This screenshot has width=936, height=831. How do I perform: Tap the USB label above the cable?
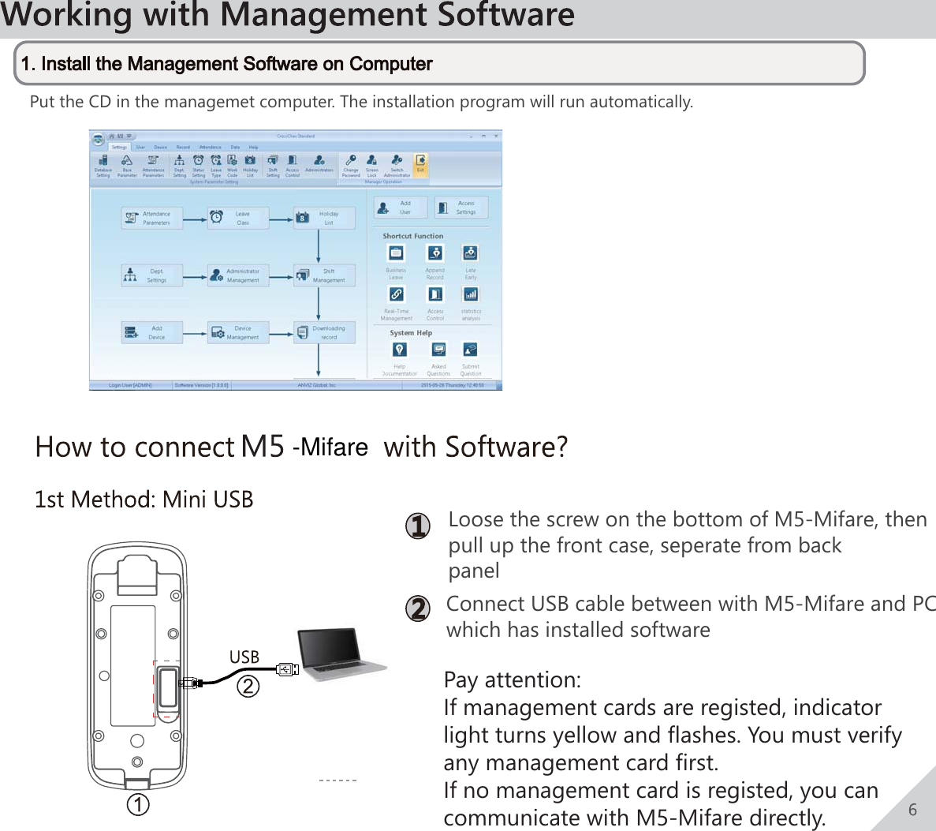click(x=244, y=657)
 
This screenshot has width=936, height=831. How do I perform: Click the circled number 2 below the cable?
click(x=248, y=686)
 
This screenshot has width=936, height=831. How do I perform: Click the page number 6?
click(x=912, y=810)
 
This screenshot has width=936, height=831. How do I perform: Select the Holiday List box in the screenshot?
click(x=324, y=218)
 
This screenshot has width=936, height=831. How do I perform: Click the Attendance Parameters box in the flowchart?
click(x=151, y=218)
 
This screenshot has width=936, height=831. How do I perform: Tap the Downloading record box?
click(x=324, y=332)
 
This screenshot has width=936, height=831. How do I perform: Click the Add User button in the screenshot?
click(x=400, y=208)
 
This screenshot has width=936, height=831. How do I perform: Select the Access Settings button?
click(x=461, y=208)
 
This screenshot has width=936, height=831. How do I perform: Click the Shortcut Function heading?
click(x=412, y=236)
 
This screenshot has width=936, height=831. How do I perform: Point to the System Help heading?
click(x=410, y=333)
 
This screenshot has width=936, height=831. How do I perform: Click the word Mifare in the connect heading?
click(x=334, y=447)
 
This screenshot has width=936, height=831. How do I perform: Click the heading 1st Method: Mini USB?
click(x=144, y=500)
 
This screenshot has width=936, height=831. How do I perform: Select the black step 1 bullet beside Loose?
click(x=417, y=526)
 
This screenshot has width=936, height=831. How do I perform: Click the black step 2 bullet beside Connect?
click(x=417, y=609)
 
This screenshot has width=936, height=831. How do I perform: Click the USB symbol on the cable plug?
click(x=288, y=669)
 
